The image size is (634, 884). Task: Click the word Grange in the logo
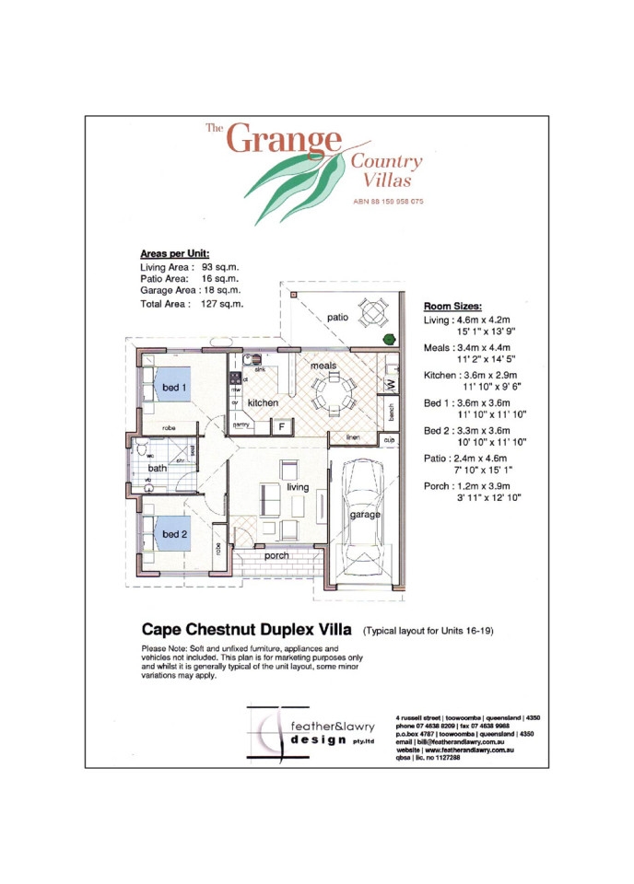click(x=284, y=140)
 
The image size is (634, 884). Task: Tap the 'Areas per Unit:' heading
click(x=174, y=252)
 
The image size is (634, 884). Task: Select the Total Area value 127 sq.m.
click(x=222, y=303)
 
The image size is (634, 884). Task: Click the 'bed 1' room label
click(x=175, y=389)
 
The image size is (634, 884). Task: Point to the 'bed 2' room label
click(x=176, y=534)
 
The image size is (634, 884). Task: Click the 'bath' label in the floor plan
click(x=158, y=468)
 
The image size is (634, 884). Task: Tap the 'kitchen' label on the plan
click(x=263, y=403)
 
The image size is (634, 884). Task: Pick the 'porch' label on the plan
click(x=276, y=555)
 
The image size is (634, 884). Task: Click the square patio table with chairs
click(x=374, y=312)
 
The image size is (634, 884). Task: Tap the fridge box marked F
click(x=281, y=426)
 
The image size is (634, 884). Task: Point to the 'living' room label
click(x=298, y=486)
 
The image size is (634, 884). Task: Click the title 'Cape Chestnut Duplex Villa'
click(x=246, y=631)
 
